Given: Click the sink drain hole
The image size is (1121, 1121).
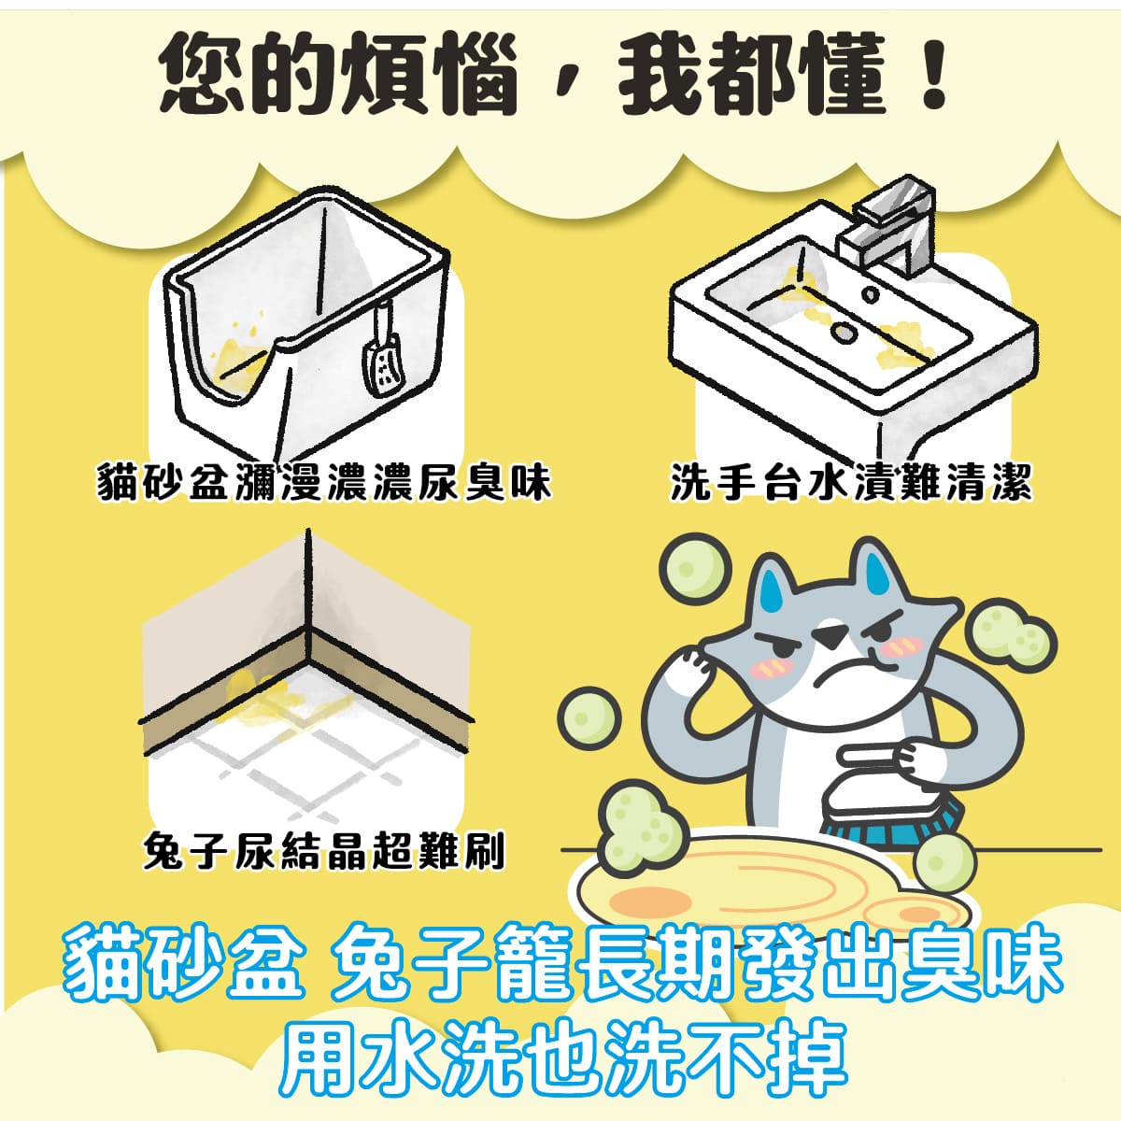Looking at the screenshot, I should (844, 331).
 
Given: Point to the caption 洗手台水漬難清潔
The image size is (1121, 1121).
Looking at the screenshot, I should (851, 484).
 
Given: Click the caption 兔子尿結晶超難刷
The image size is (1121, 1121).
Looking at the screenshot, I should (323, 850).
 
